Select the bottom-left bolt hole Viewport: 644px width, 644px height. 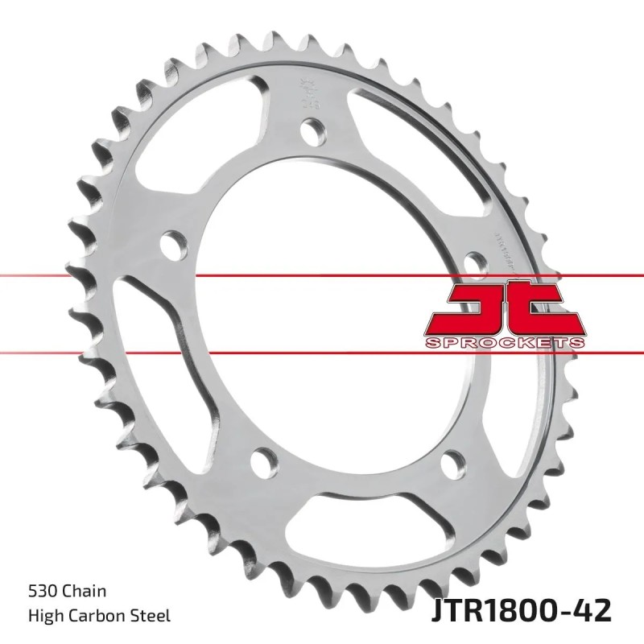tap(260, 461)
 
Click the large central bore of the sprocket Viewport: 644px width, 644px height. tap(322, 306)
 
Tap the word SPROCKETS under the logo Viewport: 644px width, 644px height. tap(502, 343)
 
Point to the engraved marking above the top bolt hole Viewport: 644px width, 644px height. tap(307, 93)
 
